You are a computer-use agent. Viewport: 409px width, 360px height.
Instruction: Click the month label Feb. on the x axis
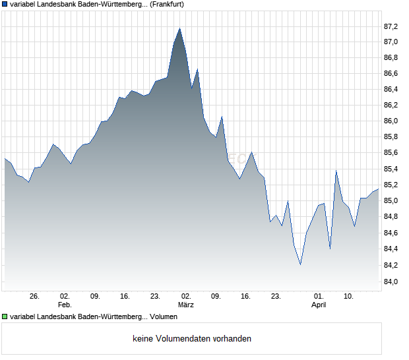tap(64, 305)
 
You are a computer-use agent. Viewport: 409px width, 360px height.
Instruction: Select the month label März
tap(186, 305)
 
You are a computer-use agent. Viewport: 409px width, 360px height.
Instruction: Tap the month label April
tap(319, 305)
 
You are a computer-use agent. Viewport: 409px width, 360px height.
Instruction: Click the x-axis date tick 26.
tap(35, 297)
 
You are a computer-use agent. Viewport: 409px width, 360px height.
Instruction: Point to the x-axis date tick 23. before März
tap(156, 297)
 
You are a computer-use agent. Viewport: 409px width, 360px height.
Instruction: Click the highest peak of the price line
tap(180, 28)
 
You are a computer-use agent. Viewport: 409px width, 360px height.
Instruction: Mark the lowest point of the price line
tap(300, 265)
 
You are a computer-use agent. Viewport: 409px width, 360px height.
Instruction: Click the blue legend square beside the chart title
tap(5, 4)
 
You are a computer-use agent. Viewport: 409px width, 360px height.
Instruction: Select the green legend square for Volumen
tap(5, 317)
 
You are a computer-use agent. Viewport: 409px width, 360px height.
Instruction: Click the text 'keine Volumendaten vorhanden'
tap(192, 339)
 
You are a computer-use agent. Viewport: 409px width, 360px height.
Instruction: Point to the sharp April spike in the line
tap(336, 171)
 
